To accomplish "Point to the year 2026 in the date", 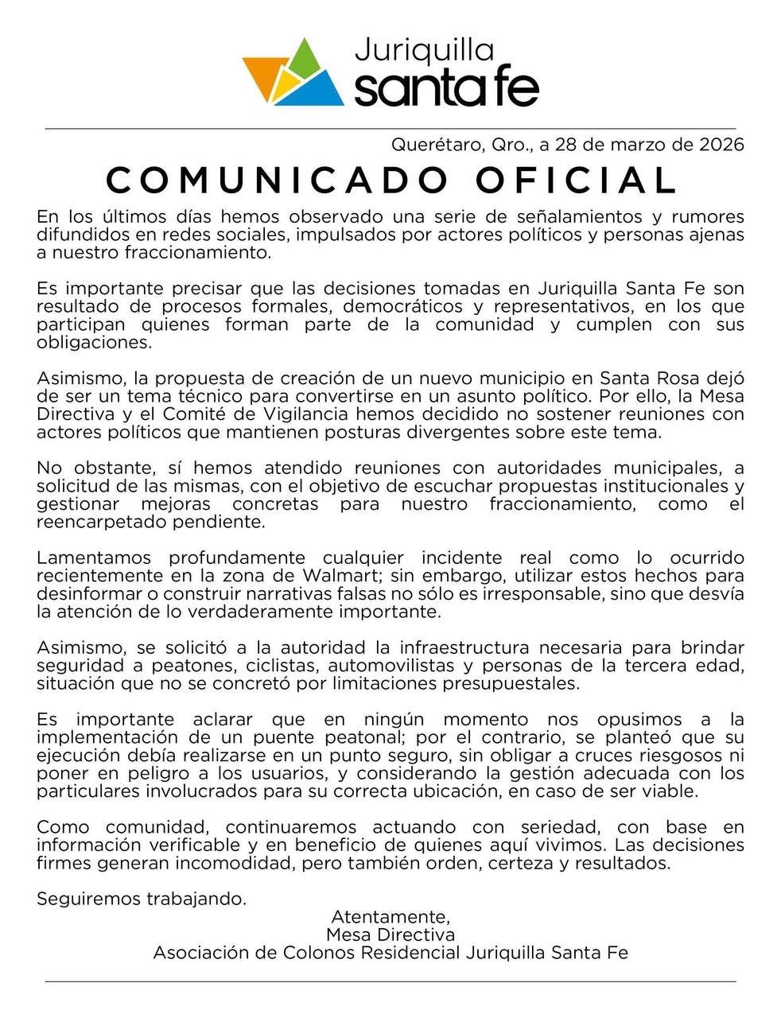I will [721, 145].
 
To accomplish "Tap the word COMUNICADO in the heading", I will [278, 180].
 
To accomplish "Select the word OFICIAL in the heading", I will [576, 180].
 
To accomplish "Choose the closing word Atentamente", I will [390, 917].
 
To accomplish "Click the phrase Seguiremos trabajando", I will [142, 899].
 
